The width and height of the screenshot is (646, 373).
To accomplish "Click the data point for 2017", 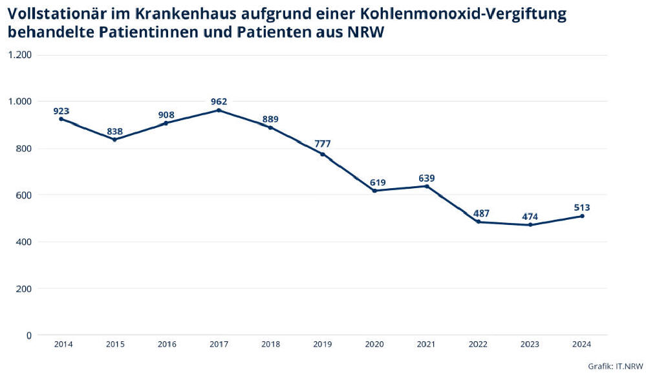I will pos(219,111).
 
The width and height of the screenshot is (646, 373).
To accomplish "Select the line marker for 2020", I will pos(374,191).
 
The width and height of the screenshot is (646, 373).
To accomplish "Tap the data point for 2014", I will pos(61,119).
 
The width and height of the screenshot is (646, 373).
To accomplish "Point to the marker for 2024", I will pos(582,216).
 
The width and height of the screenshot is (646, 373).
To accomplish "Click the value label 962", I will pos(219,101).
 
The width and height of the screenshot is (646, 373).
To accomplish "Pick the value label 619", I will pos(374,182).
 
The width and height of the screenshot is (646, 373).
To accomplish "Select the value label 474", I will pos(530,216).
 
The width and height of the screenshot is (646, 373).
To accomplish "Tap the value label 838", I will pos(114,131).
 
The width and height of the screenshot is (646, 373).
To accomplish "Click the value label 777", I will pos(322,144).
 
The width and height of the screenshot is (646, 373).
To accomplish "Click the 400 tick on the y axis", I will pos(25,242).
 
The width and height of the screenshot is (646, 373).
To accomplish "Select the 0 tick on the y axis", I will pos(28,335).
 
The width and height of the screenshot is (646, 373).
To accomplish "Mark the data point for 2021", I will pos(426,186).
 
